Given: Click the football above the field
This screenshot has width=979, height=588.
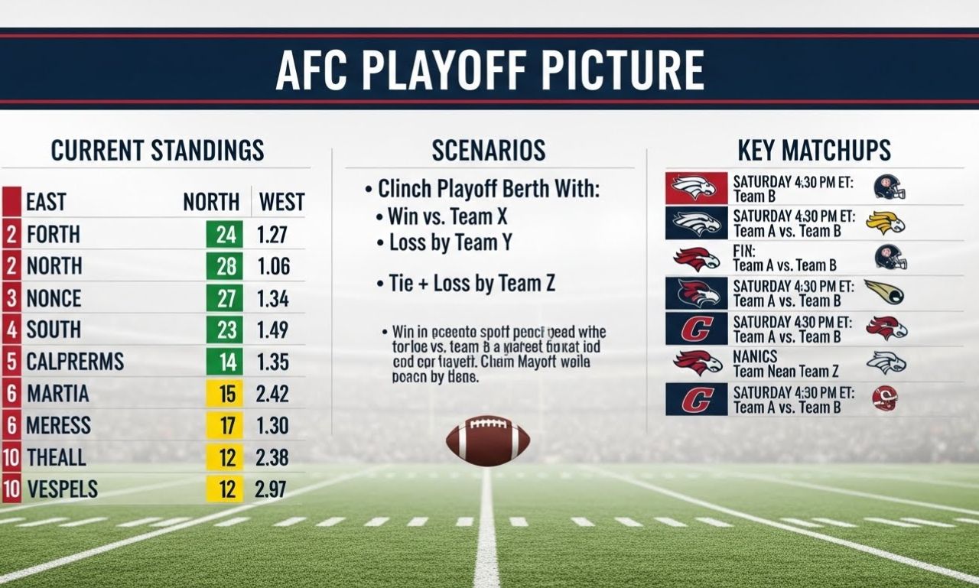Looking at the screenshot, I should (x=487, y=441).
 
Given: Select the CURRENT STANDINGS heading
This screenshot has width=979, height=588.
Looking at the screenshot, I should (x=158, y=150).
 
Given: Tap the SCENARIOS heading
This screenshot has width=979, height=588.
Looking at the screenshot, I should (x=489, y=150).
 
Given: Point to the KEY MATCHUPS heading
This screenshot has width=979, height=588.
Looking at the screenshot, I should (x=814, y=150).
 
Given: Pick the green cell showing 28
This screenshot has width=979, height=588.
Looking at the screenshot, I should (x=225, y=266).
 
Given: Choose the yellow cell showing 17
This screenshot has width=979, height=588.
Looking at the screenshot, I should (x=225, y=425).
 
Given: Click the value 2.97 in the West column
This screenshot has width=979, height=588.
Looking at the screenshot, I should (x=271, y=489).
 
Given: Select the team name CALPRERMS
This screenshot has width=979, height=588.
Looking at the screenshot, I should (x=75, y=361).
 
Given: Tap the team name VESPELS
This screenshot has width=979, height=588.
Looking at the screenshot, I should (x=62, y=489).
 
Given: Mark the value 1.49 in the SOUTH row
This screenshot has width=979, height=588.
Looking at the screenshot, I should (x=272, y=330).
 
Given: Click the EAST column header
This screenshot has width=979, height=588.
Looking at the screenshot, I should (x=46, y=202).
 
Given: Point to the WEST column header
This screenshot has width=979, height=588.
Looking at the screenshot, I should (x=281, y=202).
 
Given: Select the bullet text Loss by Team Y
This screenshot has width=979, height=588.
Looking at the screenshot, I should (x=450, y=243).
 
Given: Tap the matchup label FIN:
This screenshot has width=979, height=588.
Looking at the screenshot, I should (x=744, y=251).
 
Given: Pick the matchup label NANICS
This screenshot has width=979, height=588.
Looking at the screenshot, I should (x=755, y=356).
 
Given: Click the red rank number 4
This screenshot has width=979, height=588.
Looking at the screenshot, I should (x=11, y=330).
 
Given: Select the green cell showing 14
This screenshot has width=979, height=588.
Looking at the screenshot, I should (x=225, y=362).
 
